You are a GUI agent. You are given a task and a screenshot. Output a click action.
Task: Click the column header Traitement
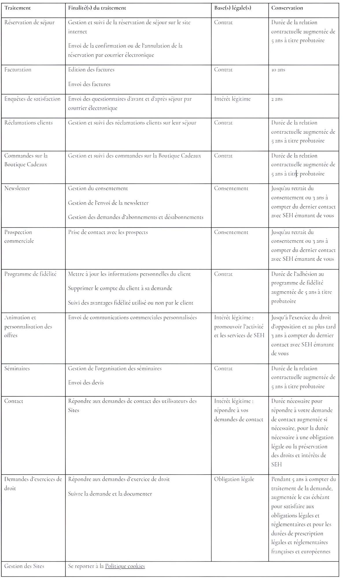[x=17, y=8]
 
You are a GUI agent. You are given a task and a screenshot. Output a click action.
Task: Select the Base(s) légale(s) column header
[x=232, y=8]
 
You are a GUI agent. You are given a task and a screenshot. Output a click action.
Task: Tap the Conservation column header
[x=287, y=8]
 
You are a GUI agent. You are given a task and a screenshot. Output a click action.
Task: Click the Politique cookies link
[x=125, y=566]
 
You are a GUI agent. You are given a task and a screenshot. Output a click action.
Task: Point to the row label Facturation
[x=18, y=70]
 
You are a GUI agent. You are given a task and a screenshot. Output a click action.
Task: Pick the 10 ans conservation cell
[x=278, y=70]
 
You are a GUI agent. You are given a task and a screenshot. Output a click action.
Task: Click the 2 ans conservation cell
[x=277, y=99]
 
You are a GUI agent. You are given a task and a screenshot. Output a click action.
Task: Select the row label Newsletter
[x=17, y=188]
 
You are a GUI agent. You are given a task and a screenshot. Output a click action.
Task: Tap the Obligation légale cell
[x=234, y=479]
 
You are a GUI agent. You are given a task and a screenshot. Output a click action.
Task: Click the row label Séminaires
[x=17, y=368]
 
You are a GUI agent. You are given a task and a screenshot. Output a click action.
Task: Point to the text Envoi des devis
[x=86, y=383]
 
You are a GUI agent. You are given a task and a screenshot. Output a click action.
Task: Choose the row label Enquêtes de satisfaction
[x=32, y=99]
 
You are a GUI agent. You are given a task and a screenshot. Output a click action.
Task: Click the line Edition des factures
[x=91, y=70]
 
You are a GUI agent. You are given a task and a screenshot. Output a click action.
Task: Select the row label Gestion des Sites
[x=24, y=566]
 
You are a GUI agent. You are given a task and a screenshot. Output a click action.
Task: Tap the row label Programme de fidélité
[x=30, y=274]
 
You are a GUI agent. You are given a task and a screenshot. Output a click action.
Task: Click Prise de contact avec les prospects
[x=108, y=232]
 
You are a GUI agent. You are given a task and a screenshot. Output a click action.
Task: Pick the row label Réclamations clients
[x=28, y=123]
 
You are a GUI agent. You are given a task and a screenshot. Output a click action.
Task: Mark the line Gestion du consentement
[x=98, y=188]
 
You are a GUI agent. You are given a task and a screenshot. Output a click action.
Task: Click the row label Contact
[x=14, y=401]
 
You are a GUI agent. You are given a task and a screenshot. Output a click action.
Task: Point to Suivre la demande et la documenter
[x=110, y=494]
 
